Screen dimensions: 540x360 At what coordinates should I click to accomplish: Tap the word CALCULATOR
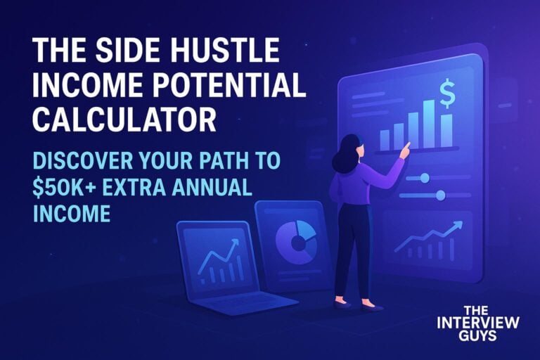pyautogui.click(x=124, y=119)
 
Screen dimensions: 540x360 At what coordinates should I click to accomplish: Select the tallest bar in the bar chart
pyautogui.click(x=429, y=123)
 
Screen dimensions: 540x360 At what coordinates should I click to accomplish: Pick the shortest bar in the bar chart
pyautogui.click(x=385, y=140)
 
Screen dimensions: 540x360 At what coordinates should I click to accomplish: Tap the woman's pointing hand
pyautogui.click(x=406, y=150)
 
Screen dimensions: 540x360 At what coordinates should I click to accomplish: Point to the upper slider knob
pyautogui.click(x=425, y=178)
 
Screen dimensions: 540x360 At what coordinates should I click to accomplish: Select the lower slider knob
pyautogui.click(x=440, y=195)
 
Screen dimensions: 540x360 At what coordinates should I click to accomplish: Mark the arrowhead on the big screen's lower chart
pyautogui.click(x=458, y=226)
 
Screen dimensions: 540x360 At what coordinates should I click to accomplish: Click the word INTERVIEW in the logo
pyautogui.click(x=478, y=323)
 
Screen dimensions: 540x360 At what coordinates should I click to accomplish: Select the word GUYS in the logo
pyautogui.click(x=477, y=335)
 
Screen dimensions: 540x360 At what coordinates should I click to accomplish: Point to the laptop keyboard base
pyautogui.click(x=245, y=302)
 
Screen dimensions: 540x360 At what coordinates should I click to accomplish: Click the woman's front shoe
pyautogui.click(x=371, y=307)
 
